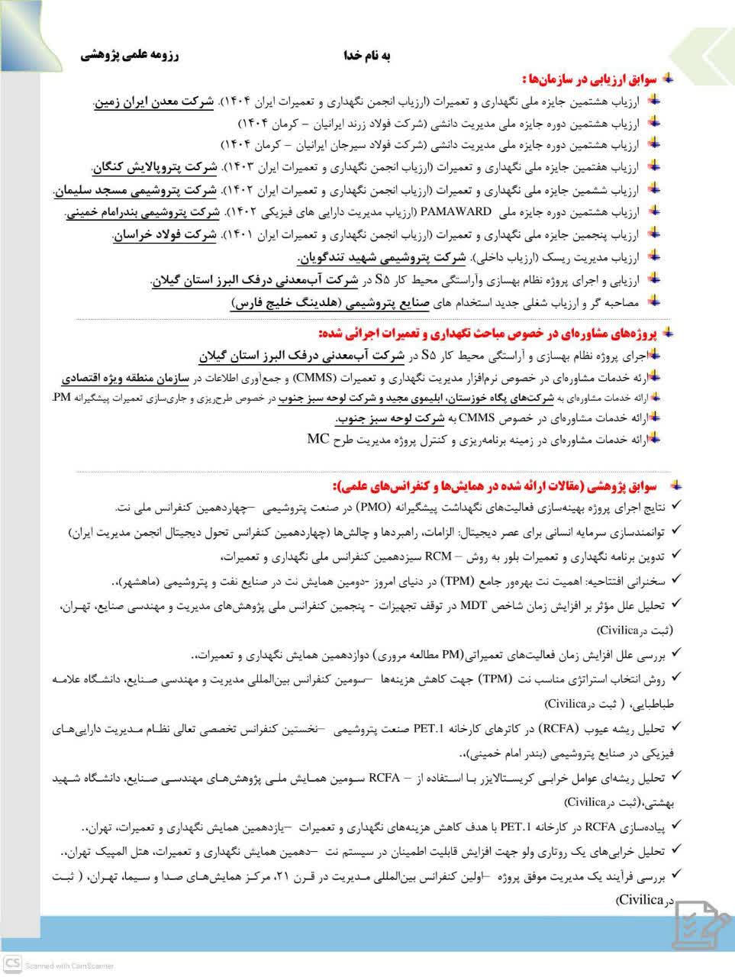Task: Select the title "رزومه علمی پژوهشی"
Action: click(x=129, y=56)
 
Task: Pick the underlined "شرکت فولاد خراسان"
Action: click(x=164, y=235)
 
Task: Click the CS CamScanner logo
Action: click(x=12, y=964)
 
